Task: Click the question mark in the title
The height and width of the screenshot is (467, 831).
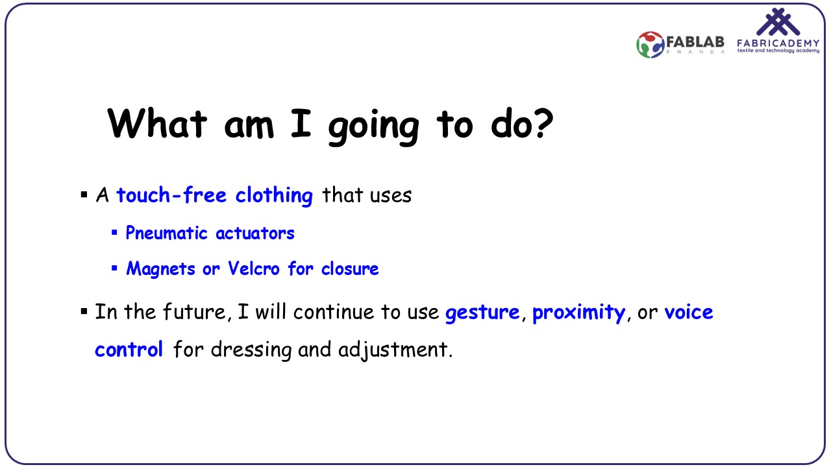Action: click(542, 124)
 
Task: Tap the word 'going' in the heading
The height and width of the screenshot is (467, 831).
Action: click(374, 128)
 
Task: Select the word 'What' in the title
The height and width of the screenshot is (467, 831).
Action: click(156, 124)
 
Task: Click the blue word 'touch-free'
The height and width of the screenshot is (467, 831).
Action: click(171, 195)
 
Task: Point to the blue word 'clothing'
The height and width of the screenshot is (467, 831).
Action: click(274, 196)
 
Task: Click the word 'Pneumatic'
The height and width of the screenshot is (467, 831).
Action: click(167, 233)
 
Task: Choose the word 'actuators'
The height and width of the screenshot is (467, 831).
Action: click(255, 233)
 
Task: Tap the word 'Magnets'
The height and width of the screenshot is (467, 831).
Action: click(160, 269)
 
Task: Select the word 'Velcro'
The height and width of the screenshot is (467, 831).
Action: click(254, 268)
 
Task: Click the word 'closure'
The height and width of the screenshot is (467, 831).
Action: click(350, 268)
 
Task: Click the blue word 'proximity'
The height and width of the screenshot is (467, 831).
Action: click(578, 313)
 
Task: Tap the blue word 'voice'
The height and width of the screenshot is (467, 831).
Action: click(689, 312)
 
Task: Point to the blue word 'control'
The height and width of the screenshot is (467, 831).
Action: click(129, 349)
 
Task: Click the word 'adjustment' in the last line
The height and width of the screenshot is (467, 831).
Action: click(393, 350)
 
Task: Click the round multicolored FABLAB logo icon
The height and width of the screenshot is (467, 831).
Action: click(650, 45)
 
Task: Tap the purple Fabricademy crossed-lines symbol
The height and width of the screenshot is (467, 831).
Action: click(778, 21)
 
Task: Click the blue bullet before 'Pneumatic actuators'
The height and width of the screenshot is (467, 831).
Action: click(114, 233)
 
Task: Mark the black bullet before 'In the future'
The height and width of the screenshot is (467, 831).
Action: click(84, 311)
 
